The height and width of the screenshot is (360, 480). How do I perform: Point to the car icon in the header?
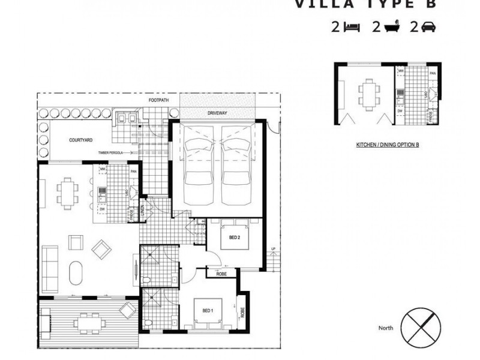point(430,26)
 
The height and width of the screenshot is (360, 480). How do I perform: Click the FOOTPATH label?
point(158,101)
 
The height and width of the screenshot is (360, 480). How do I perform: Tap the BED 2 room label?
point(235,238)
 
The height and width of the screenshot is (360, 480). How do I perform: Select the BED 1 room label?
point(207,310)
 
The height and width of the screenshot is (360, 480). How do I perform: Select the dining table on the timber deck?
point(88,321)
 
